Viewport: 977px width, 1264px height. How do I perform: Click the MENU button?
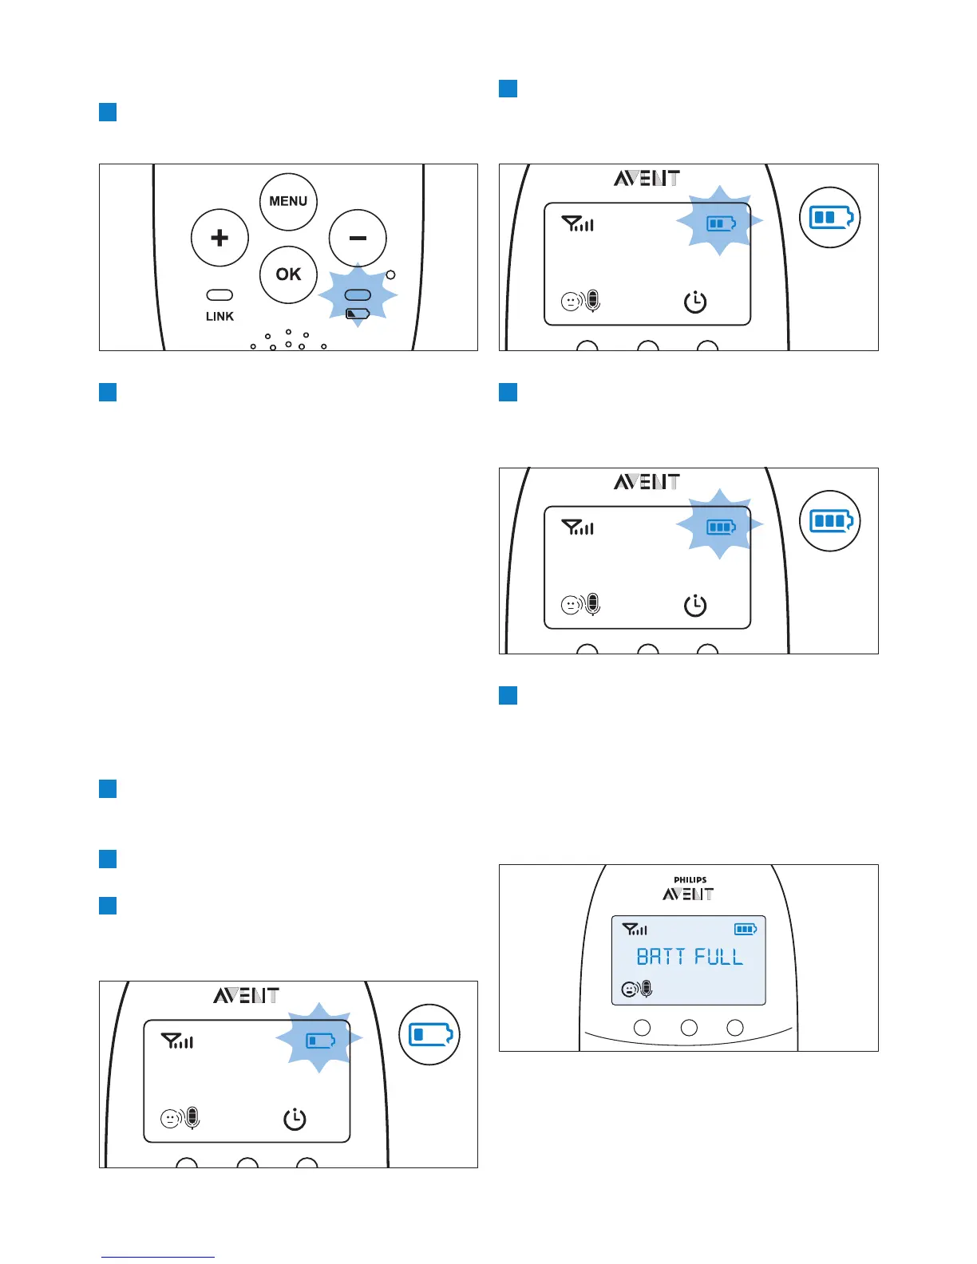tap(288, 201)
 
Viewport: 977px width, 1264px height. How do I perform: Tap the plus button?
tap(220, 238)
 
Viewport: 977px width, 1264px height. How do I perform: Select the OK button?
tap(288, 275)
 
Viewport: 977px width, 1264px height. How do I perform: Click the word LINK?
tap(220, 317)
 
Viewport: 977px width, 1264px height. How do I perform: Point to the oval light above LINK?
tap(220, 295)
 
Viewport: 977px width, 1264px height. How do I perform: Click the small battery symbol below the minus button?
tap(358, 314)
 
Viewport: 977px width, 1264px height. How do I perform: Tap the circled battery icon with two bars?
tap(830, 217)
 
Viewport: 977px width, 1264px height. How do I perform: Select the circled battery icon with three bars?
tap(830, 521)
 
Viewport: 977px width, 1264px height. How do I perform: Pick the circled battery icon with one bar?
tap(429, 1035)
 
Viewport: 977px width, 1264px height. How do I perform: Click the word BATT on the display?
tap(660, 957)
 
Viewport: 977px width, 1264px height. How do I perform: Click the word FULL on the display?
tap(718, 957)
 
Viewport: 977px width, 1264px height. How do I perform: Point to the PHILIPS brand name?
tap(690, 880)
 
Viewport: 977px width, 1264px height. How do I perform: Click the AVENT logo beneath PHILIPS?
tap(688, 895)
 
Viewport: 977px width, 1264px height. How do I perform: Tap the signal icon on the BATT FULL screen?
tap(635, 929)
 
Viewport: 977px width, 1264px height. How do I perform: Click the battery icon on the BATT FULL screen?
tap(746, 929)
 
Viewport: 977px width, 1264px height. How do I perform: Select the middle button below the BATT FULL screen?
tap(689, 1028)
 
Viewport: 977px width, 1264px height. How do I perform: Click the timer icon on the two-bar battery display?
tap(695, 302)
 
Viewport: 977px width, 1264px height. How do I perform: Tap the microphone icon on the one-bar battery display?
tap(192, 1118)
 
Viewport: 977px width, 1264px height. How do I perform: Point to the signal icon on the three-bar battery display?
tap(578, 527)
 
